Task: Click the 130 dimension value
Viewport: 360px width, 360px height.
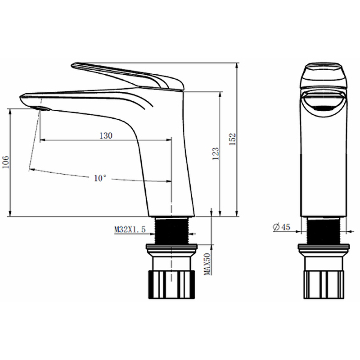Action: pos(106,135)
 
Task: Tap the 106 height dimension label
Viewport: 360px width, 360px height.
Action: pos(5,162)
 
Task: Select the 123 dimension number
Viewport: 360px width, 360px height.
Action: pos(216,153)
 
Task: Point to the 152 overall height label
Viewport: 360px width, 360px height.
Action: pos(233,139)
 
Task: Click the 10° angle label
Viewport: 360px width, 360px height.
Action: pos(100,178)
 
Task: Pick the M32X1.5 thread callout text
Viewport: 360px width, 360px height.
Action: pos(130,229)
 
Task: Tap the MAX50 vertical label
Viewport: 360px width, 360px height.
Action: pos(207,264)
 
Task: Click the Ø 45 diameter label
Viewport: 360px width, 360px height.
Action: pos(282,227)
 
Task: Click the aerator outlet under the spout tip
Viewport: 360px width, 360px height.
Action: pos(42,108)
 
